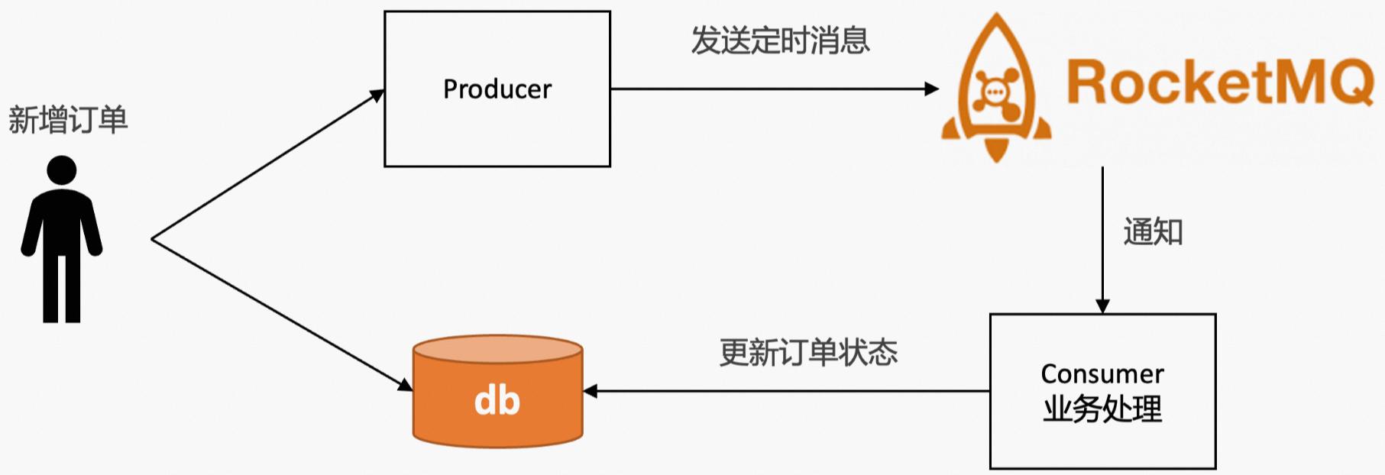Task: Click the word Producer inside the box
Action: pyautogui.click(x=497, y=89)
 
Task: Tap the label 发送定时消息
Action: pyautogui.click(x=780, y=40)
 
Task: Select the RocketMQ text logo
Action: pyautogui.click(x=1219, y=82)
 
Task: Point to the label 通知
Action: pyautogui.click(x=1152, y=231)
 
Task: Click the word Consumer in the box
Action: pyautogui.click(x=1102, y=373)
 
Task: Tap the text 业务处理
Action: pyautogui.click(x=1102, y=409)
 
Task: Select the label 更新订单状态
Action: pyautogui.click(x=808, y=352)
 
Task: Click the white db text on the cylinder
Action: pyautogui.click(x=497, y=401)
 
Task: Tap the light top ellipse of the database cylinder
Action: pyautogui.click(x=497, y=349)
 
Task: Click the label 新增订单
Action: pyautogui.click(x=68, y=120)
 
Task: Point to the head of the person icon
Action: pyautogui.click(x=61, y=170)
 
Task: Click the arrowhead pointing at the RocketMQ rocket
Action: pyautogui.click(x=932, y=89)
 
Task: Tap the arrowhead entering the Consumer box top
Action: pyautogui.click(x=1102, y=306)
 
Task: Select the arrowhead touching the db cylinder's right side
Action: pyautogui.click(x=591, y=391)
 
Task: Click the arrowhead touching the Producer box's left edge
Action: pyautogui.click(x=377, y=95)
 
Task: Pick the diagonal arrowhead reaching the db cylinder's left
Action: pyautogui.click(x=406, y=385)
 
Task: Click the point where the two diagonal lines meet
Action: pyautogui.click(x=153, y=239)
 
